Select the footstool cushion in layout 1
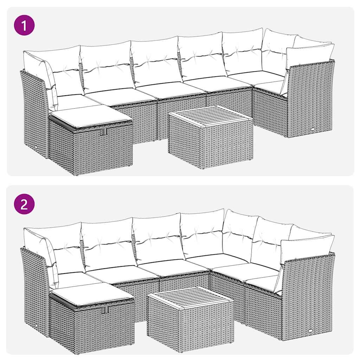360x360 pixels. point(91,115)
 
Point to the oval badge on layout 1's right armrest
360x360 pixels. point(313,129)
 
